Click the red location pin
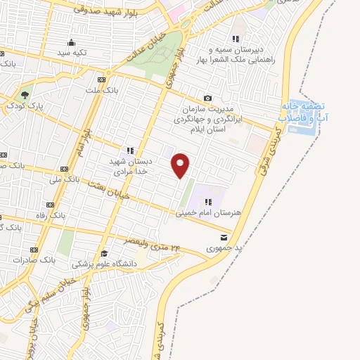click(181, 165)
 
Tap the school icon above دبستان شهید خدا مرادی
click(129, 150)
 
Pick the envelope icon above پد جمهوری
click(224, 237)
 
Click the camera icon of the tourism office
click(207, 98)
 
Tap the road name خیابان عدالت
click(147, 49)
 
